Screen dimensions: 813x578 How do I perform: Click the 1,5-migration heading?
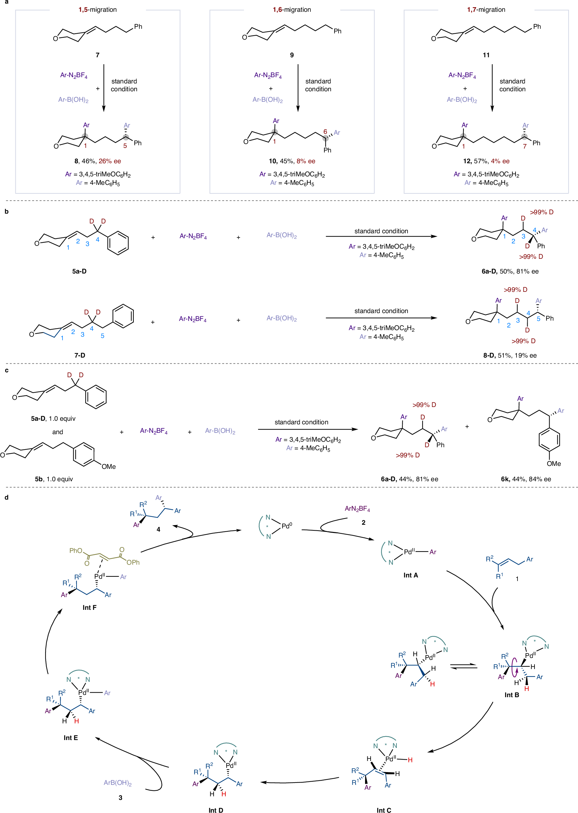(x=97, y=9)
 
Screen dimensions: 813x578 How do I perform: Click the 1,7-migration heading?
(x=486, y=9)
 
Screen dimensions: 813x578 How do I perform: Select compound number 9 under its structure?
(x=292, y=55)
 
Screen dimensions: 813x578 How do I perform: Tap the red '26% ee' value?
(x=110, y=161)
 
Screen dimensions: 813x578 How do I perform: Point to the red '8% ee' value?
(x=306, y=161)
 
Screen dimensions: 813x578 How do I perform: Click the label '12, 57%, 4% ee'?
(x=486, y=161)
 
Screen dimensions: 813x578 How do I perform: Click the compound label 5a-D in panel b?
(x=79, y=271)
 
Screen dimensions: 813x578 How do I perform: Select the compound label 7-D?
(x=80, y=355)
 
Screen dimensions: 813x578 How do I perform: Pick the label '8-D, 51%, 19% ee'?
(x=510, y=355)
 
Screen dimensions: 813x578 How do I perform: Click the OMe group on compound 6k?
(x=553, y=464)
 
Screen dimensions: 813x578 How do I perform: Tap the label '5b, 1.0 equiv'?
(x=54, y=479)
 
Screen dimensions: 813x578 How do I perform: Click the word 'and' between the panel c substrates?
(x=58, y=432)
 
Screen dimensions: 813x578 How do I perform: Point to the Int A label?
(x=411, y=575)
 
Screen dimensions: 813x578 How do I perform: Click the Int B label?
(x=512, y=695)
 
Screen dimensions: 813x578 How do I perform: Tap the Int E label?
(x=70, y=737)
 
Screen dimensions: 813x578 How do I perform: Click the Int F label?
(x=89, y=607)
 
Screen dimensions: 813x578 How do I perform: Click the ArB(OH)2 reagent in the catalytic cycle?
(x=117, y=783)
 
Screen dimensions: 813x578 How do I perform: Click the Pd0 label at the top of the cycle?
(x=287, y=526)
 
